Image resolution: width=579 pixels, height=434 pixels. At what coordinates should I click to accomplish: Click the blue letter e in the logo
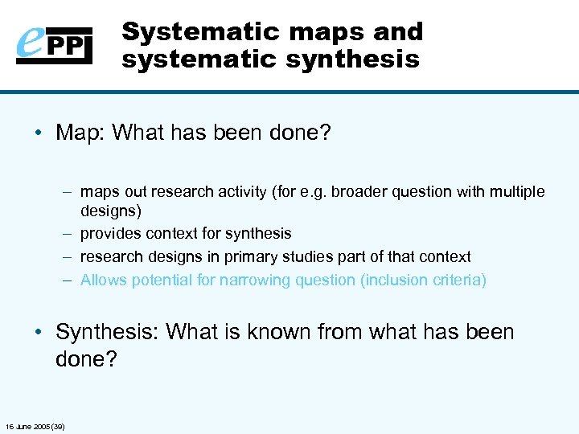31,44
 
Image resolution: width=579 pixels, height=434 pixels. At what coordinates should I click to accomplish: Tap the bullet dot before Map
39,133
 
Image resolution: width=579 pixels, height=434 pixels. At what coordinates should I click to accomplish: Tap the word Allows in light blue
102,280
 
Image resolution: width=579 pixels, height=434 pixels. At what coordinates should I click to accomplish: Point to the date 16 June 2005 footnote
35,425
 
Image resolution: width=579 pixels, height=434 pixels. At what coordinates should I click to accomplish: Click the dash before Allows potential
66,280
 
